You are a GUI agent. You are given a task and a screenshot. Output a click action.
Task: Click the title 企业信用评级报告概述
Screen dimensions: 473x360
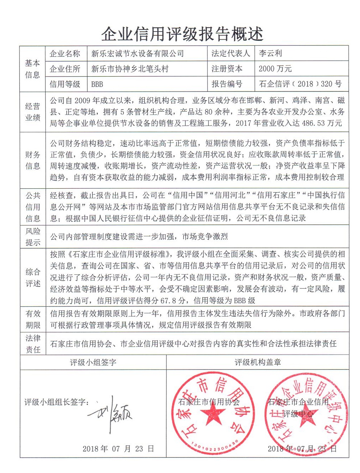[x=182, y=34]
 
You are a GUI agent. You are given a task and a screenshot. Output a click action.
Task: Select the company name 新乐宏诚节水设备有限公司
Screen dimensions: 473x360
[x=137, y=54]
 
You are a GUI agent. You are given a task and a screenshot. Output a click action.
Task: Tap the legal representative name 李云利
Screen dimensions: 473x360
[x=270, y=54]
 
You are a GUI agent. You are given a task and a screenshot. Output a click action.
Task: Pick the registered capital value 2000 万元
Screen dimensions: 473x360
[x=275, y=68]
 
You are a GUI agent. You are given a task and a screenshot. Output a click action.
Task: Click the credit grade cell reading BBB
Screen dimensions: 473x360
[x=97, y=84]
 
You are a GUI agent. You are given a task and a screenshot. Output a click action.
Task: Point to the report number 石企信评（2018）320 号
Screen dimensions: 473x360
[x=300, y=84]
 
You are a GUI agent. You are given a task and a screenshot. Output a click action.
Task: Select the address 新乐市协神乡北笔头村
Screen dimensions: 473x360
[x=130, y=69]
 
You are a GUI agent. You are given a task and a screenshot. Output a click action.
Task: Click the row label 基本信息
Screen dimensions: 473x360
[x=32, y=69]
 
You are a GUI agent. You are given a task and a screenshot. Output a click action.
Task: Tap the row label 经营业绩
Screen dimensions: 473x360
[x=32, y=112]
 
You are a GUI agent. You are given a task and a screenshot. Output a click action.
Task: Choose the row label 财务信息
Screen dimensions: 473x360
[x=32, y=160]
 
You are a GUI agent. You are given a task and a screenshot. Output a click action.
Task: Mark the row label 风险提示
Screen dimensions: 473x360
[x=32, y=237]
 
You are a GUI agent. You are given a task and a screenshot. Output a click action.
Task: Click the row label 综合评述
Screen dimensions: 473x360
[x=32, y=278]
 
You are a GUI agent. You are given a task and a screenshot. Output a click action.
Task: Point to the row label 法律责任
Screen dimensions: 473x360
[x=32, y=344]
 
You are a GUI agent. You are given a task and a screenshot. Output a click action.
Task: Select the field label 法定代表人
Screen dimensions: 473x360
[x=231, y=54]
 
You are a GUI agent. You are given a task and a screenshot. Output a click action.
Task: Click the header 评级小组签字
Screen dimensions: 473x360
[x=93, y=362]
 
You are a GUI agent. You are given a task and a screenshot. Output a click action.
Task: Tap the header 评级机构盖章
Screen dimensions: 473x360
[x=258, y=362]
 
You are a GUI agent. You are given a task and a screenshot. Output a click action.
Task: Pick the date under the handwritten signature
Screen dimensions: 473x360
[x=118, y=449]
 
